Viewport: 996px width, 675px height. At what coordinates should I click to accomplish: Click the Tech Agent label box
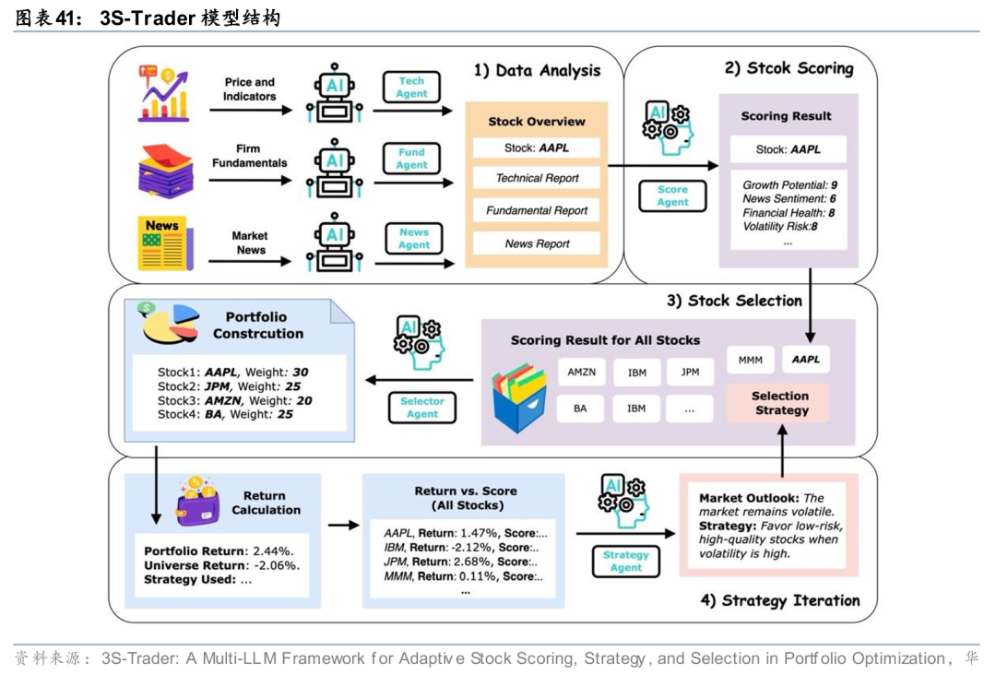(x=411, y=88)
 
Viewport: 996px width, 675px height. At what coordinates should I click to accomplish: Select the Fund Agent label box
(x=411, y=159)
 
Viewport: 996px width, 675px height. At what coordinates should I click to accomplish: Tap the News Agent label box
(x=414, y=239)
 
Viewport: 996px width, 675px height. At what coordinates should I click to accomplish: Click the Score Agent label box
(x=672, y=195)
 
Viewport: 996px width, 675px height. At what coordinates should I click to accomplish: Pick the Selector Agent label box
(x=422, y=408)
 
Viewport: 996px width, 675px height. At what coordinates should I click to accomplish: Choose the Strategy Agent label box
(x=625, y=561)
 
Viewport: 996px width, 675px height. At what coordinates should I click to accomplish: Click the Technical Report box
(x=537, y=178)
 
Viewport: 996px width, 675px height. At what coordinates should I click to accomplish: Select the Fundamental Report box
(x=537, y=210)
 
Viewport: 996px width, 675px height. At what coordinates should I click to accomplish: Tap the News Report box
(x=537, y=243)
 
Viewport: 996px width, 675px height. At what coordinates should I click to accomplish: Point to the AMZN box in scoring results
(x=581, y=372)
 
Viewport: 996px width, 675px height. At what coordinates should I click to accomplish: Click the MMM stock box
(x=750, y=360)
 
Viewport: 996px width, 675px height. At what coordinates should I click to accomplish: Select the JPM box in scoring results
(x=689, y=372)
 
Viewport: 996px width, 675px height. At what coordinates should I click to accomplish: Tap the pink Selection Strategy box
(x=780, y=403)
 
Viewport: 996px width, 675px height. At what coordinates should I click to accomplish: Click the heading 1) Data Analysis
(x=537, y=71)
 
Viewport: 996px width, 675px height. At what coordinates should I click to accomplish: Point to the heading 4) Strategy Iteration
(x=779, y=600)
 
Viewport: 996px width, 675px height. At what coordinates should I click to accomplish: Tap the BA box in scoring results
(x=581, y=408)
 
